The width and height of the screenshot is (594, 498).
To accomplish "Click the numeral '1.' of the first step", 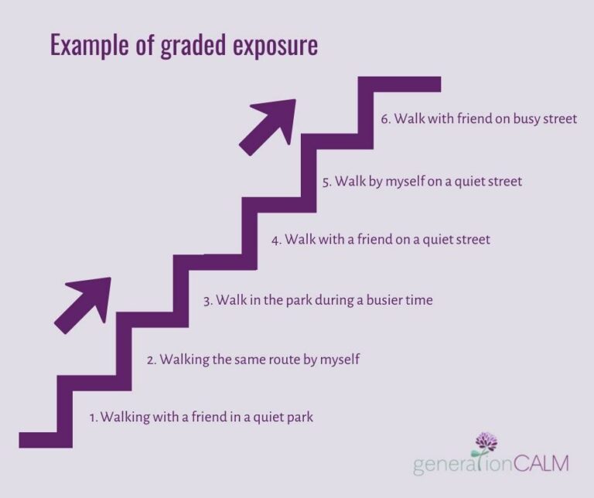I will (94, 418).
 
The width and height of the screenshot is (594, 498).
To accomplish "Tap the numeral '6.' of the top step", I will (387, 121).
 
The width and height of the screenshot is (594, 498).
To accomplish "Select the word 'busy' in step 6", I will (525, 121).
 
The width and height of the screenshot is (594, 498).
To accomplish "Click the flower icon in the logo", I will (485, 445).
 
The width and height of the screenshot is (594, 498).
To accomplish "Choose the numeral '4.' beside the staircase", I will (276, 240).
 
